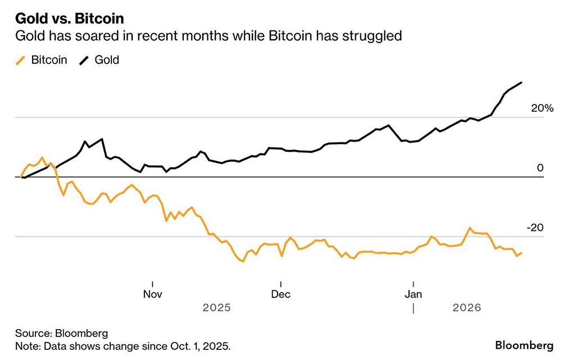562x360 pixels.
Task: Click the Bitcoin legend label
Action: point(49,60)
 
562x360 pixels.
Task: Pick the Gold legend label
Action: point(107,60)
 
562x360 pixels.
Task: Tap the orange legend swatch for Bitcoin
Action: point(21,60)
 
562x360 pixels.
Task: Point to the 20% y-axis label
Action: point(542,108)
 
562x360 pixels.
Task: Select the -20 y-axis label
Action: point(536,227)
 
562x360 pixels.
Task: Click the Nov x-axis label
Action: point(153,294)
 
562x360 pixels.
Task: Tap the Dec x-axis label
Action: point(280,294)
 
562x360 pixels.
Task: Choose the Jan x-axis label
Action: point(414,294)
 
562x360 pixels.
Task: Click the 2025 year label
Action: point(216,308)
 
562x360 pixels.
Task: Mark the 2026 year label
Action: point(467,308)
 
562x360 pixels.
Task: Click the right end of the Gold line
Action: point(522,83)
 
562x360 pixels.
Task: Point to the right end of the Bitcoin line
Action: point(522,253)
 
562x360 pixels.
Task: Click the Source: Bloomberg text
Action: point(53,332)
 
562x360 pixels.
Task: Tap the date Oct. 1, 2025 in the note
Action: point(200,345)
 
